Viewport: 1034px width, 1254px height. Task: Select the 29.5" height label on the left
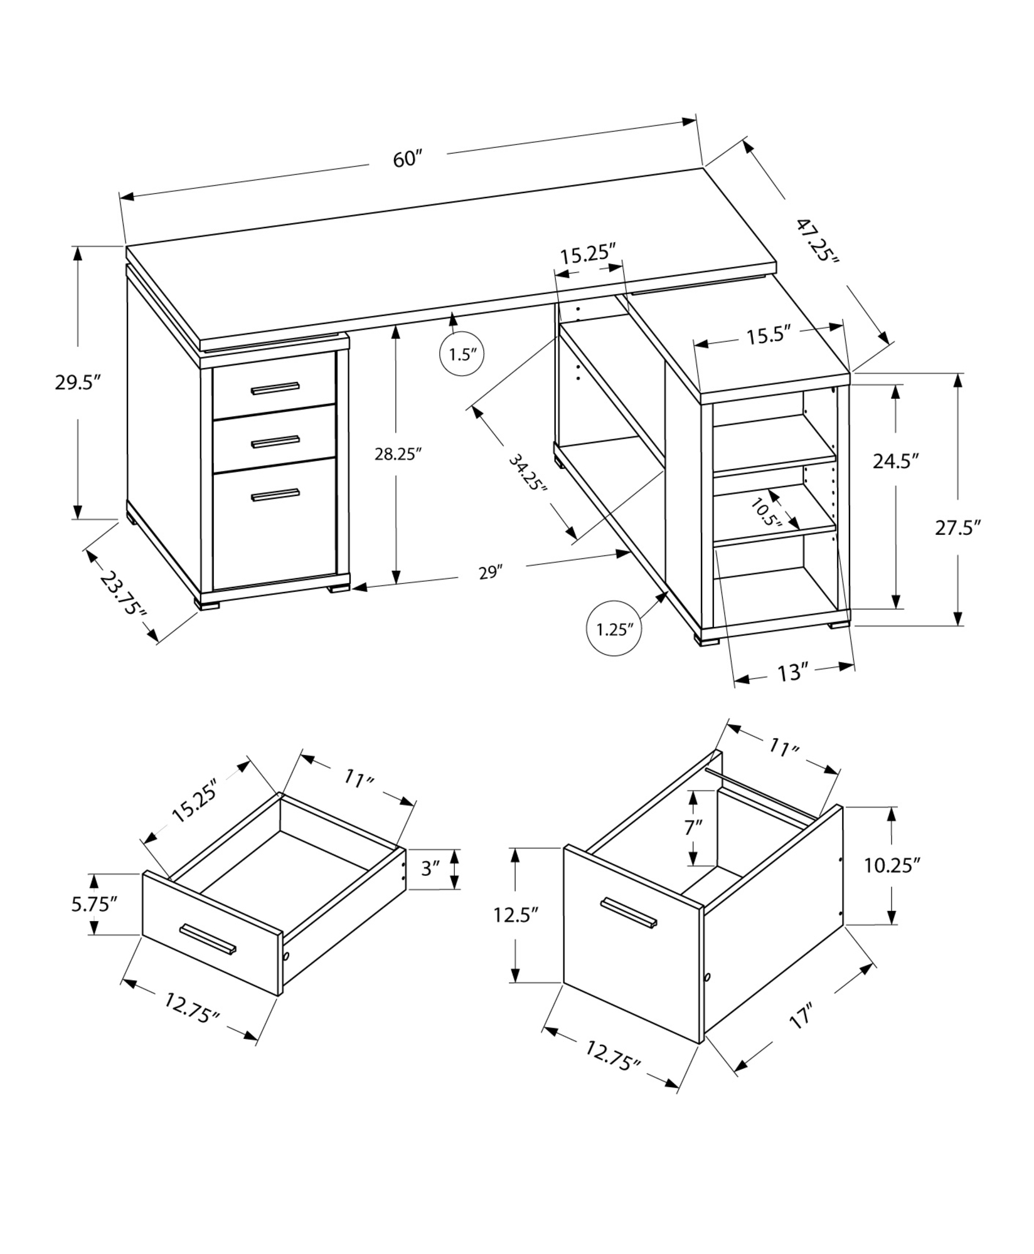point(78,382)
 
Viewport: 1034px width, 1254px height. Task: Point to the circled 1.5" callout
point(463,355)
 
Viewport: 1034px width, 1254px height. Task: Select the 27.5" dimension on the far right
point(957,527)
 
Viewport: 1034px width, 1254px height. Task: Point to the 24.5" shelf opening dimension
point(895,461)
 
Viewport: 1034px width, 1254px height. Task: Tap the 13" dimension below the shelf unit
point(791,673)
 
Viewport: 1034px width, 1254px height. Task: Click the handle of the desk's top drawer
point(275,389)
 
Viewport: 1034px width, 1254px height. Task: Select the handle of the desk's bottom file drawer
point(275,495)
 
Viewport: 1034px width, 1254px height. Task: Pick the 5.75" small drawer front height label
point(94,904)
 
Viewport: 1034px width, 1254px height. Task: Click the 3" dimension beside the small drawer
point(430,869)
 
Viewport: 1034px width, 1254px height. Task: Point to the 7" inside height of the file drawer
point(693,828)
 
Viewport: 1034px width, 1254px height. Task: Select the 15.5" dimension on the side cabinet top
point(767,337)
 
